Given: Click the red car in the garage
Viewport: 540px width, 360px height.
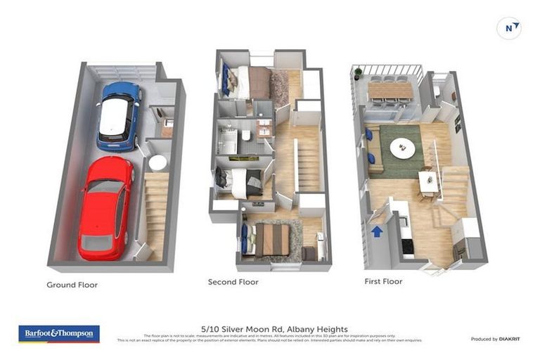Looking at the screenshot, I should click(x=106, y=207).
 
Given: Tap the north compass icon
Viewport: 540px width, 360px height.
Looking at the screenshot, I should click(x=508, y=28).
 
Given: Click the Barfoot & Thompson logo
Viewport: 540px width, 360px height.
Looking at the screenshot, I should click(x=59, y=333).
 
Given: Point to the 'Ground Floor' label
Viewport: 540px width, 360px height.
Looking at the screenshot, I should click(x=72, y=285).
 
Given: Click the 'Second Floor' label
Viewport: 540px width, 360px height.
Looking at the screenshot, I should click(x=233, y=282).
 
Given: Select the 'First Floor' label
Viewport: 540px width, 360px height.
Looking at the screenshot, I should click(x=383, y=281).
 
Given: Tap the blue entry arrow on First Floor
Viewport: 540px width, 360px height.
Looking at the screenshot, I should click(x=377, y=231).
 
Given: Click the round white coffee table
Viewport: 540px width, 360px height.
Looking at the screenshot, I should click(x=403, y=148).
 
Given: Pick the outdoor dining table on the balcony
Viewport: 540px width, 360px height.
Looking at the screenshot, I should click(x=390, y=90).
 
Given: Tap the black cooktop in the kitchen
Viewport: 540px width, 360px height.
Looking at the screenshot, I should click(x=407, y=245).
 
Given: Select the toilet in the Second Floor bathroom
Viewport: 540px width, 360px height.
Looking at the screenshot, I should click(x=246, y=134).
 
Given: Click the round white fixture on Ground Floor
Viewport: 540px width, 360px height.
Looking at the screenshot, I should click(x=158, y=162).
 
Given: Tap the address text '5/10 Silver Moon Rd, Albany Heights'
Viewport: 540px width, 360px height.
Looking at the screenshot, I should click(x=269, y=328).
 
